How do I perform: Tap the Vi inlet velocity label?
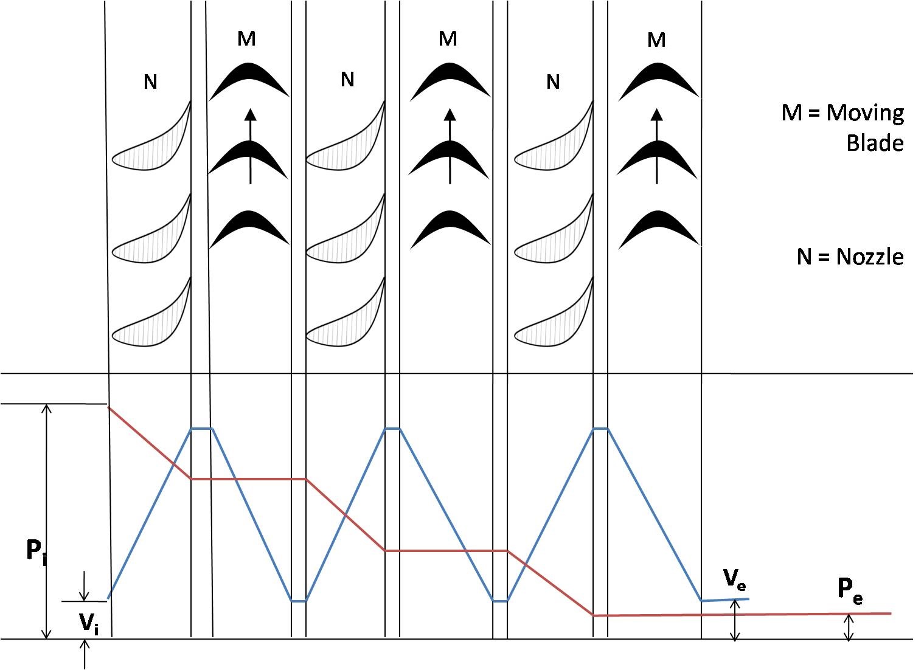(x=89, y=623)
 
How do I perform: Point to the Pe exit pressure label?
(x=850, y=591)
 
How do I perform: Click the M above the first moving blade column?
(x=247, y=39)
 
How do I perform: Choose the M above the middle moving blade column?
(x=448, y=39)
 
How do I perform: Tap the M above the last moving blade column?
(x=656, y=40)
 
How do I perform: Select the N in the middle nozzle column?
(x=348, y=79)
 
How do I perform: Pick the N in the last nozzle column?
(x=553, y=81)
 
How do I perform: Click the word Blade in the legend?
(x=875, y=143)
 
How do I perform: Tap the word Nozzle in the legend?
(x=870, y=257)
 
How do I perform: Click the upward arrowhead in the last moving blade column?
(x=657, y=115)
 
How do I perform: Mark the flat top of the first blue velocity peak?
(x=202, y=429)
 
